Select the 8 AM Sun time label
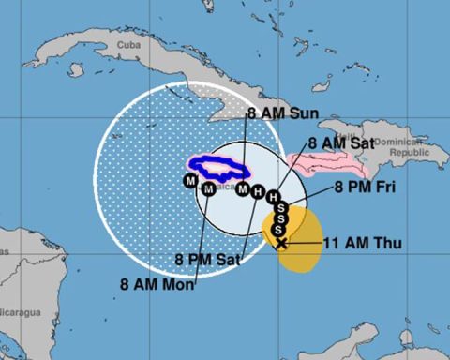283,113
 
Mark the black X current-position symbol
280,242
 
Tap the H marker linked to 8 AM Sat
273,198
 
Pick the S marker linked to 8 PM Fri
277,209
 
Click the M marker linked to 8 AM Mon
209,190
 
